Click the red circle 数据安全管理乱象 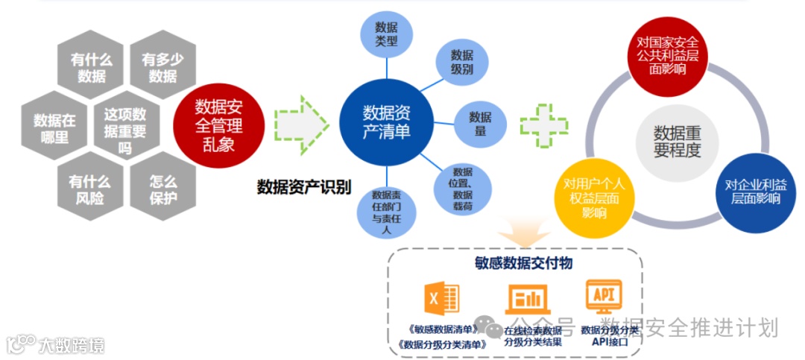(x=218, y=124)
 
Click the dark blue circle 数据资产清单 (x=386, y=122)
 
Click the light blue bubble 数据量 (x=480, y=124)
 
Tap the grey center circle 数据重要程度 (x=677, y=141)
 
